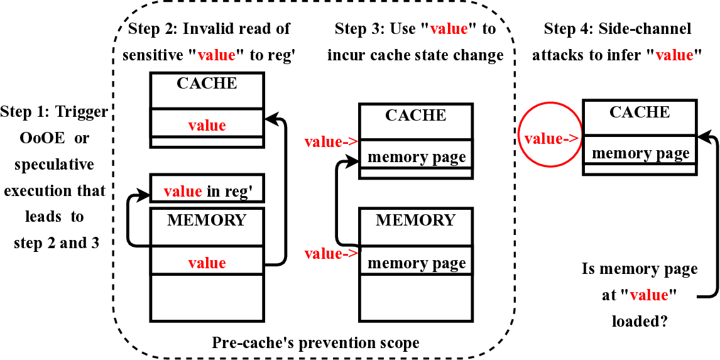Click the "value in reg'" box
(207, 191)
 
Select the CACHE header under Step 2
(207, 84)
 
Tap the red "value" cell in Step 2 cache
(207, 125)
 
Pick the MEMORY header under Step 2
(207, 221)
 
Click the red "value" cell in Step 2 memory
(207, 263)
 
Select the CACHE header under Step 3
(415, 116)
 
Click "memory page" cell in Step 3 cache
(415, 156)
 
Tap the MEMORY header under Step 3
(415, 221)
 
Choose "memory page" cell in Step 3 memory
(415, 263)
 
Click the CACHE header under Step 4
(640, 112)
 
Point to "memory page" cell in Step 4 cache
(640, 153)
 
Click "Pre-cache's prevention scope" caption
(315, 342)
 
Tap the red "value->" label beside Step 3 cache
(330, 142)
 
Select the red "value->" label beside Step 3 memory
(330, 254)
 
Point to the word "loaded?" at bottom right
(640, 320)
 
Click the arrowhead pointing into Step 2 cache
(269, 116)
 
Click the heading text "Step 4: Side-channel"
(617, 29)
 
